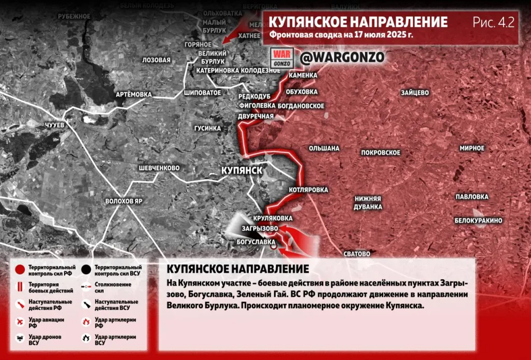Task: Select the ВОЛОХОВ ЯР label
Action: pos(123,201)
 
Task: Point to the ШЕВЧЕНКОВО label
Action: pos(159,168)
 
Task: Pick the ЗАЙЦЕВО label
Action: pos(414,93)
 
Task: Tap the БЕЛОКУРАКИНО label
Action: pos(478,220)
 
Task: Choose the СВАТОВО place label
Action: pos(357,254)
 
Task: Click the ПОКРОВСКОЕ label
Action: pos(381,153)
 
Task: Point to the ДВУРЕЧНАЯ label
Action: pos(256,116)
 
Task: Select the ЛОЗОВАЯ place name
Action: pos(156,60)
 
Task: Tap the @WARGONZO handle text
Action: pos(343,57)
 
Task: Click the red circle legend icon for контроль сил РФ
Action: pos(20,269)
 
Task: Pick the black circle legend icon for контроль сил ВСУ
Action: pos(86,269)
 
